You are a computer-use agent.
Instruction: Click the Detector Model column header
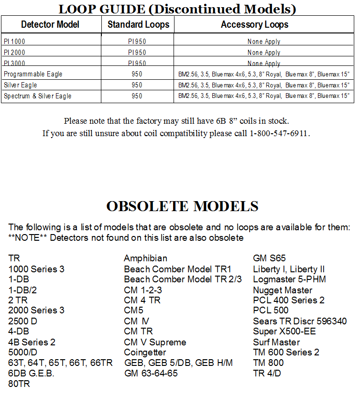(x=50, y=24)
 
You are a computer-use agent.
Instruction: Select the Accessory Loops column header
(x=254, y=24)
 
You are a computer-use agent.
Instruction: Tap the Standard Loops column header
(x=138, y=24)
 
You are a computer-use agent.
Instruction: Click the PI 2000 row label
(x=14, y=53)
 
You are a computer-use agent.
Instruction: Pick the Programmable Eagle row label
(x=33, y=74)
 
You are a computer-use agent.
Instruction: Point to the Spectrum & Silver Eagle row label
(x=38, y=96)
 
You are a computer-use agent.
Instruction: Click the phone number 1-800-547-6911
(x=279, y=133)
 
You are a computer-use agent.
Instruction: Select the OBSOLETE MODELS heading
(x=182, y=206)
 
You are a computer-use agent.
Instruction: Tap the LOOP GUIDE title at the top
(x=177, y=9)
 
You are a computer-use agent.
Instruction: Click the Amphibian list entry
(x=145, y=258)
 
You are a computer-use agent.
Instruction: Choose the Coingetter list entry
(x=145, y=353)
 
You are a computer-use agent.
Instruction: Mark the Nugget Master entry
(x=283, y=290)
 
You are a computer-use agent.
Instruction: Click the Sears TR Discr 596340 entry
(x=300, y=321)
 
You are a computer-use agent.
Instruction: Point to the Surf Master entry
(x=276, y=342)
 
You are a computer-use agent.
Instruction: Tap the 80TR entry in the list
(x=19, y=384)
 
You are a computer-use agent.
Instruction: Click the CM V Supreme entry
(x=155, y=342)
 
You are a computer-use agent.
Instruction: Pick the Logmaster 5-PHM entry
(x=289, y=279)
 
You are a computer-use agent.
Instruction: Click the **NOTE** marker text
(x=28, y=237)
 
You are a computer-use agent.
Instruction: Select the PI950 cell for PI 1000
(x=137, y=42)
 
